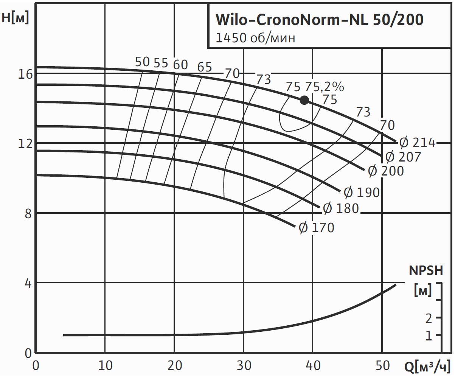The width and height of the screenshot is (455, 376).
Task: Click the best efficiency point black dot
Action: tap(304, 100)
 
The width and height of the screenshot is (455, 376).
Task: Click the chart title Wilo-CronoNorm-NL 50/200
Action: tap(319, 20)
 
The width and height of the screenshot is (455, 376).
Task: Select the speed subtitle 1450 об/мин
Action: tap(255, 38)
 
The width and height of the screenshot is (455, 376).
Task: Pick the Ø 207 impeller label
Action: tap(403, 157)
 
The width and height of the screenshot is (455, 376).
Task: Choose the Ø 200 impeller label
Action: tap(386, 171)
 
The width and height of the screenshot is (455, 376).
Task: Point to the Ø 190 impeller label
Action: tap(362, 193)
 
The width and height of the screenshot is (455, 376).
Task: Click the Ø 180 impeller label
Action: tap(340, 208)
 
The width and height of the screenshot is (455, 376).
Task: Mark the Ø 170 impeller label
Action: tap(317, 228)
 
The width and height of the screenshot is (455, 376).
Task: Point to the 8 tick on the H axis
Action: tap(27, 213)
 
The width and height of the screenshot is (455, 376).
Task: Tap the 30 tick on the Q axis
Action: tap(244, 366)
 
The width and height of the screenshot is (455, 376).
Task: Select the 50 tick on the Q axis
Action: tap(382, 366)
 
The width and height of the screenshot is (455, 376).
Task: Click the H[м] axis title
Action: tap(15, 18)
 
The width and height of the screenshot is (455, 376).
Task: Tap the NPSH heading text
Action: tap(425, 271)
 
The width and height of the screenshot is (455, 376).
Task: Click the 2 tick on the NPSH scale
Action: tap(429, 318)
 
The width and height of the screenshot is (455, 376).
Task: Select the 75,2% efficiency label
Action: tap(325, 87)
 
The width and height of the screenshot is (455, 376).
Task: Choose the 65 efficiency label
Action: tap(205, 67)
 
